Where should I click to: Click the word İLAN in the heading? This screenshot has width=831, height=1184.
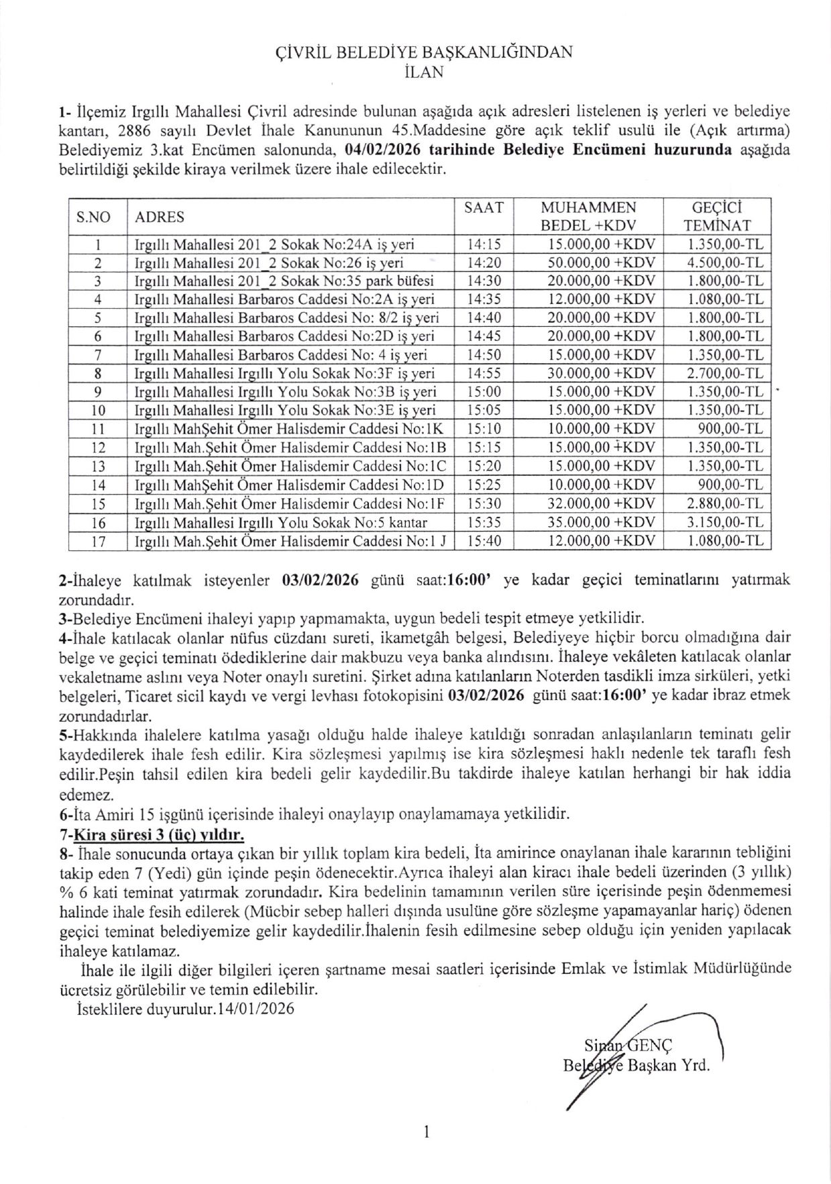(x=425, y=72)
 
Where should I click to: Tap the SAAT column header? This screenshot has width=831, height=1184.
(x=484, y=208)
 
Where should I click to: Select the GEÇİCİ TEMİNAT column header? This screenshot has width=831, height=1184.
(x=716, y=216)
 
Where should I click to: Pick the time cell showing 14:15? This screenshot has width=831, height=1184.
(x=484, y=244)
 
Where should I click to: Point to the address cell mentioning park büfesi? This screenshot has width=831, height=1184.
(x=284, y=281)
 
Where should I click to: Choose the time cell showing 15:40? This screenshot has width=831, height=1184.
(x=484, y=540)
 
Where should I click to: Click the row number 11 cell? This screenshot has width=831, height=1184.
(x=98, y=429)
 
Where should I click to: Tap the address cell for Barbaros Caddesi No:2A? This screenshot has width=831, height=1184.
(x=284, y=299)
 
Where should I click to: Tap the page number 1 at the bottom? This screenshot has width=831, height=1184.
(x=426, y=1133)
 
